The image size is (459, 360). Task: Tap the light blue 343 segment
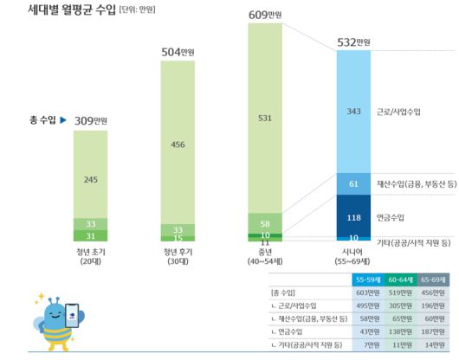[x=352, y=112]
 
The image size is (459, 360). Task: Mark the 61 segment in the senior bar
[x=352, y=184]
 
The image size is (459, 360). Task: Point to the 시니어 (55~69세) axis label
[x=352, y=257]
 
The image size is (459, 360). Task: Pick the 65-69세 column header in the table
[x=433, y=280]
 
